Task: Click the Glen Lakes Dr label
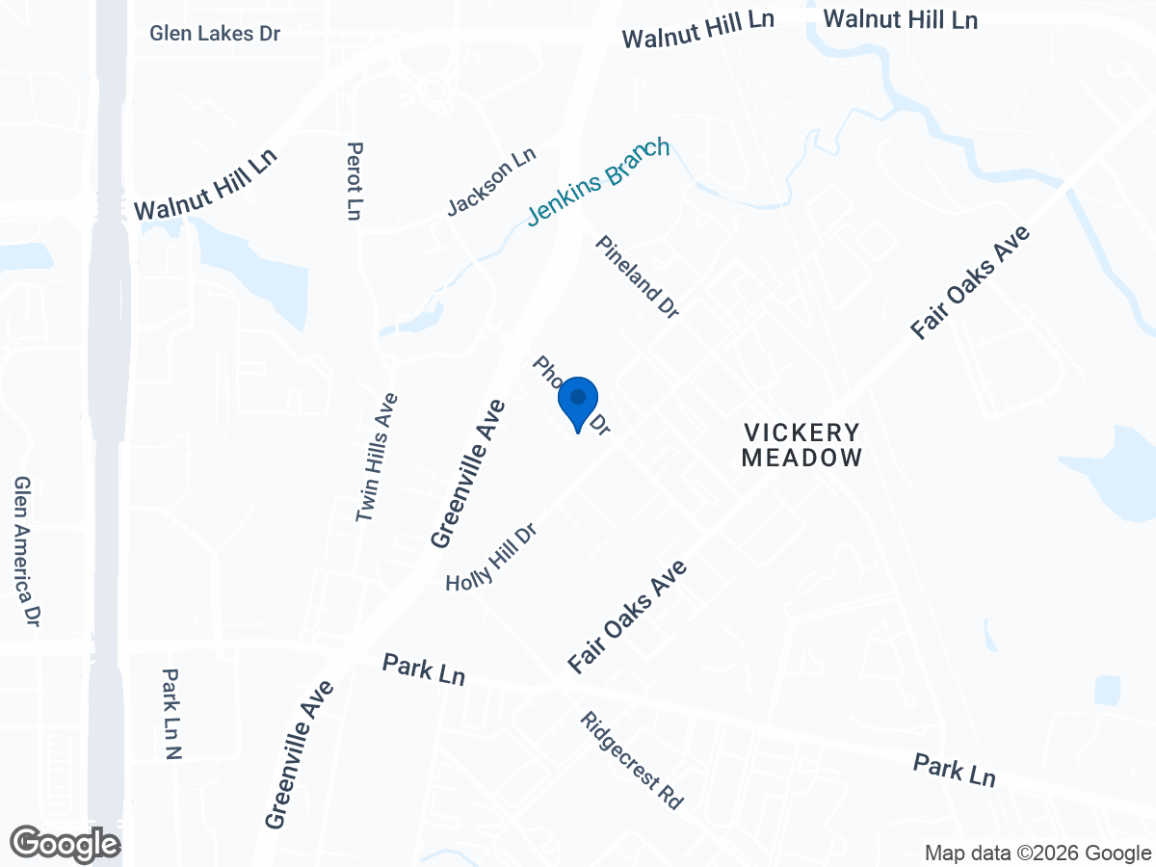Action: click(x=215, y=34)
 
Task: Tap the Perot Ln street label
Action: click(x=355, y=180)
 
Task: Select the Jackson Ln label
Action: click(x=490, y=182)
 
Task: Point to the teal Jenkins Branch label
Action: click(x=598, y=182)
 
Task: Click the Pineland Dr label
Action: click(x=638, y=276)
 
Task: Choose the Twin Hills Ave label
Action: click(x=377, y=457)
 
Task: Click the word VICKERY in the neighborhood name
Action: click(x=801, y=432)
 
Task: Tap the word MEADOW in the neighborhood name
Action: click(x=801, y=458)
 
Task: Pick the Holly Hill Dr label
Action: click(x=490, y=558)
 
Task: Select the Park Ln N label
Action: click(x=171, y=714)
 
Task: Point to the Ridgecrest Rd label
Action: click(x=632, y=760)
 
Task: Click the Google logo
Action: click(x=66, y=844)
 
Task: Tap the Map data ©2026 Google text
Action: click(x=1038, y=853)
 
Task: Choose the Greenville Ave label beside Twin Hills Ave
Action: click(x=468, y=473)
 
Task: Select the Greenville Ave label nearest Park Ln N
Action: click(x=300, y=754)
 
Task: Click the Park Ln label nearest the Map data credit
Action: click(x=954, y=771)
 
